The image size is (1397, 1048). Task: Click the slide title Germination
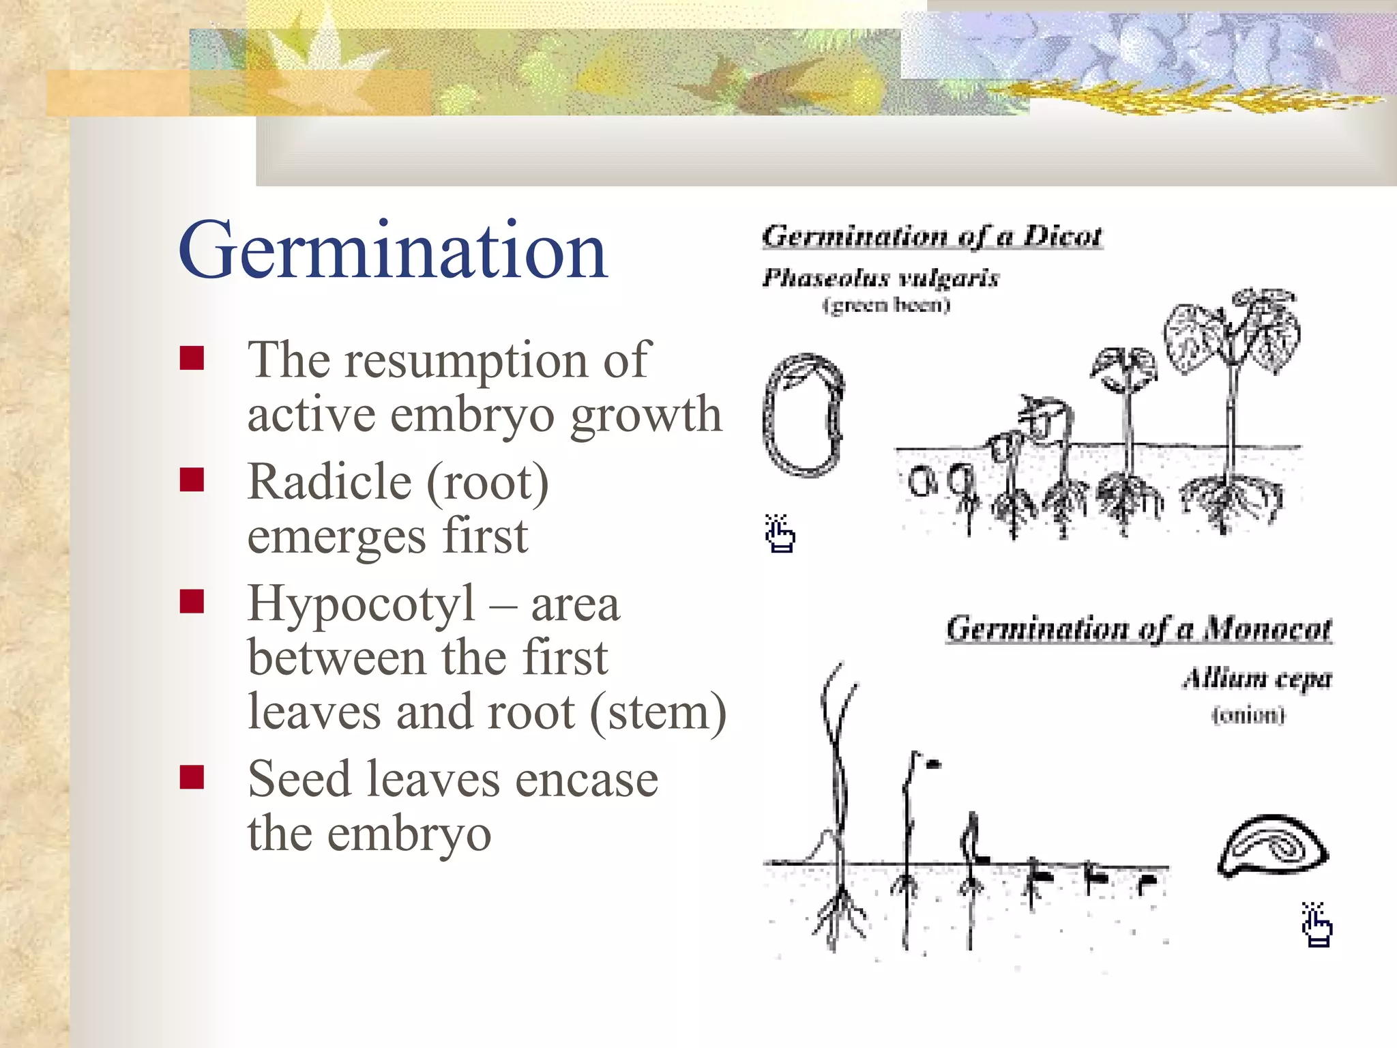(x=392, y=251)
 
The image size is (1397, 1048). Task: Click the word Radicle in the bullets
(x=329, y=482)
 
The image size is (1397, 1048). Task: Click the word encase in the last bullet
(x=587, y=779)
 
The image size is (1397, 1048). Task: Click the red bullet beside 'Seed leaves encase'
(x=192, y=776)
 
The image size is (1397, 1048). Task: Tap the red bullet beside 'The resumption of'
(x=192, y=358)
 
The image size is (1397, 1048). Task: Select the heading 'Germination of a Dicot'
(x=932, y=236)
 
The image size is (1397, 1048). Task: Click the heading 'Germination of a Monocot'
(x=1138, y=628)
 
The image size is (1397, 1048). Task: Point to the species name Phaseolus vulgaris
(x=880, y=277)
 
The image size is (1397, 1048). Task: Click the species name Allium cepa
(x=1256, y=678)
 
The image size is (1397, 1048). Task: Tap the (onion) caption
(x=1248, y=715)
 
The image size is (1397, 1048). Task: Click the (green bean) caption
(x=886, y=304)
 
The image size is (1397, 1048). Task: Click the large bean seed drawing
(x=804, y=415)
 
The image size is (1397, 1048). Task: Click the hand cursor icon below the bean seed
(x=780, y=534)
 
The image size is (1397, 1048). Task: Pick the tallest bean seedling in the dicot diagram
(x=1232, y=409)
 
